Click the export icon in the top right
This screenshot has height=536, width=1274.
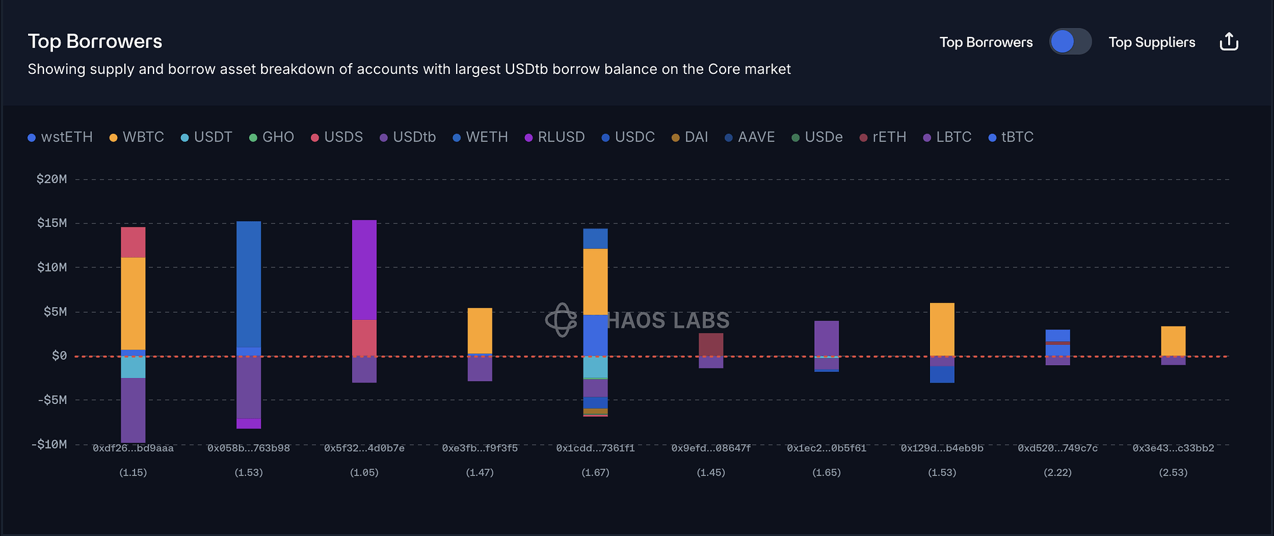point(1229,42)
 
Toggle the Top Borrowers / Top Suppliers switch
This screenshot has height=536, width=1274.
point(1070,42)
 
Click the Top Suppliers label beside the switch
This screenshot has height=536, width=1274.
point(1152,42)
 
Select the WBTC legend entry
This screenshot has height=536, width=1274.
point(137,137)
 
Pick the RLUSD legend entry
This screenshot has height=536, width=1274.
point(555,137)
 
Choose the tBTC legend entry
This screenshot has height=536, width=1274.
point(1011,137)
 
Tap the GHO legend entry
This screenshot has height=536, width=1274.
point(272,137)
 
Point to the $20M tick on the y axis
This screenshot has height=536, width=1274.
point(52,179)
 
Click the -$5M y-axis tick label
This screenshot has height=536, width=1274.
point(52,400)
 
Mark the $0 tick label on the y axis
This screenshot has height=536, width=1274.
point(59,356)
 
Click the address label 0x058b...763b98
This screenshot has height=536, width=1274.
point(248,448)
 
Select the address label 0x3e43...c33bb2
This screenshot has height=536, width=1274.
point(1173,448)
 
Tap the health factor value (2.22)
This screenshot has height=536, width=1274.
point(1057,472)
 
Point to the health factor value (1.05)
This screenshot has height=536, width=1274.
point(364,472)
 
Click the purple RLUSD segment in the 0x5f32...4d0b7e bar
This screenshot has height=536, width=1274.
point(364,270)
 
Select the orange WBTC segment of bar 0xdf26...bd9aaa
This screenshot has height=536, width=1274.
point(133,303)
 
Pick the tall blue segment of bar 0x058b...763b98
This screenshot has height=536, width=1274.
point(248,284)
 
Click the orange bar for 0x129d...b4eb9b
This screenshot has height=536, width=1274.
point(942,329)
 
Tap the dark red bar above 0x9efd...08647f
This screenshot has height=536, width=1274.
point(711,345)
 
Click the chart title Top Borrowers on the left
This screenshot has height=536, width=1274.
point(95,41)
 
